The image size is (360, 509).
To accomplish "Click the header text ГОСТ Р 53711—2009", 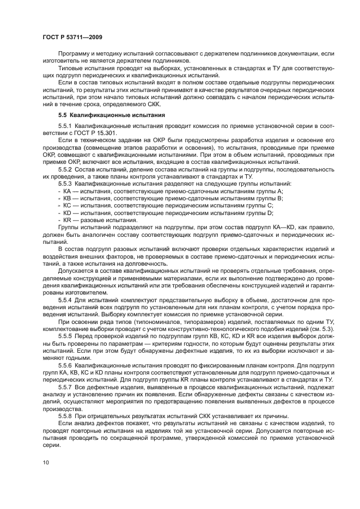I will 72,36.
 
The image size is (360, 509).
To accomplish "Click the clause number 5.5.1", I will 66,126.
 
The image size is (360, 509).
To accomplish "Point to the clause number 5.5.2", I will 66,169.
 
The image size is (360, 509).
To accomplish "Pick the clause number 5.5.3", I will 66,183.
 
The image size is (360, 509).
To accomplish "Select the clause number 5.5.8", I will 66,416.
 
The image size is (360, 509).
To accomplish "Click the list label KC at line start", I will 66,205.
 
